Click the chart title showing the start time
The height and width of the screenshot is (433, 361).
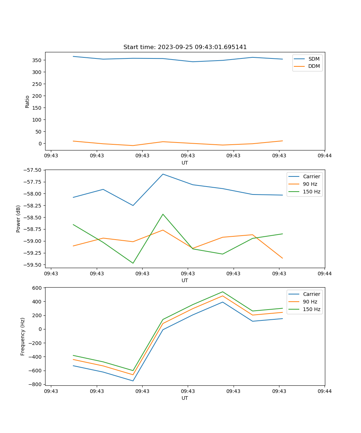click(185, 47)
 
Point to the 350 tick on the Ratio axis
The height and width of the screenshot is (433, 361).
click(38, 60)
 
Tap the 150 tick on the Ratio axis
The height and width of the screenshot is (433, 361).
click(38, 108)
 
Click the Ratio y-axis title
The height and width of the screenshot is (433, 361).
click(27, 102)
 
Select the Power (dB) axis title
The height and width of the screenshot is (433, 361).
click(18, 219)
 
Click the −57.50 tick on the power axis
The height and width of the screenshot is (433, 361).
click(33, 170)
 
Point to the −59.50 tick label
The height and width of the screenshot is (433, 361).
click(33, 265)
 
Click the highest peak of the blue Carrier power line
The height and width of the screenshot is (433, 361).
click(163, 174)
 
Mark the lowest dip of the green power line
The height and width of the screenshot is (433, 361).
click(133, 263)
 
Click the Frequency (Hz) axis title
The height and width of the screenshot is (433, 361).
click(23, 336)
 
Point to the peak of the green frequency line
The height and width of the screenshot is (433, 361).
click(223, 292)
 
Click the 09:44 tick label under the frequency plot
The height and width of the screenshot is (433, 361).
click(325, 391)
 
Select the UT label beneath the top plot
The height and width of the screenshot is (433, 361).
click(185, 163)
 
